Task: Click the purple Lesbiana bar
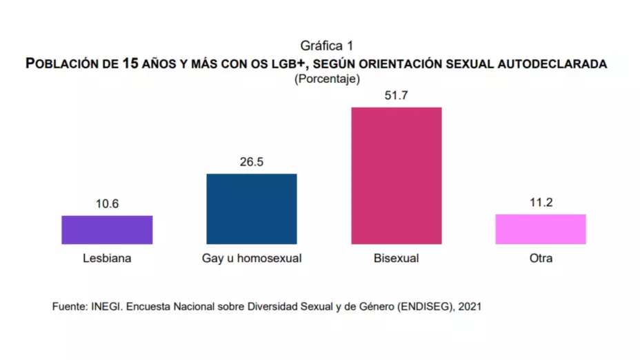pos(107,230)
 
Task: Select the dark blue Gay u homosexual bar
pos(252,209)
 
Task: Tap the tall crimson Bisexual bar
pos(397,175)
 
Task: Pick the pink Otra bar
pos(541,229)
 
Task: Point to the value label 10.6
pos(107,205)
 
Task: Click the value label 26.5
pos(252,163)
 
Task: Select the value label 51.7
pos(397,96)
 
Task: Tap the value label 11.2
pos(541,203)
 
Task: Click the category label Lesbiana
pos(107,259)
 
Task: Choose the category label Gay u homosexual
pos(252,259)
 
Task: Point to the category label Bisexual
pos(397,259)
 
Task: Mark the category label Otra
pos(541,259)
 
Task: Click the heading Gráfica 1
pos(327,46)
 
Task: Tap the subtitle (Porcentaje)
pos(327,79)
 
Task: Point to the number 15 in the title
pos(130,63)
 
